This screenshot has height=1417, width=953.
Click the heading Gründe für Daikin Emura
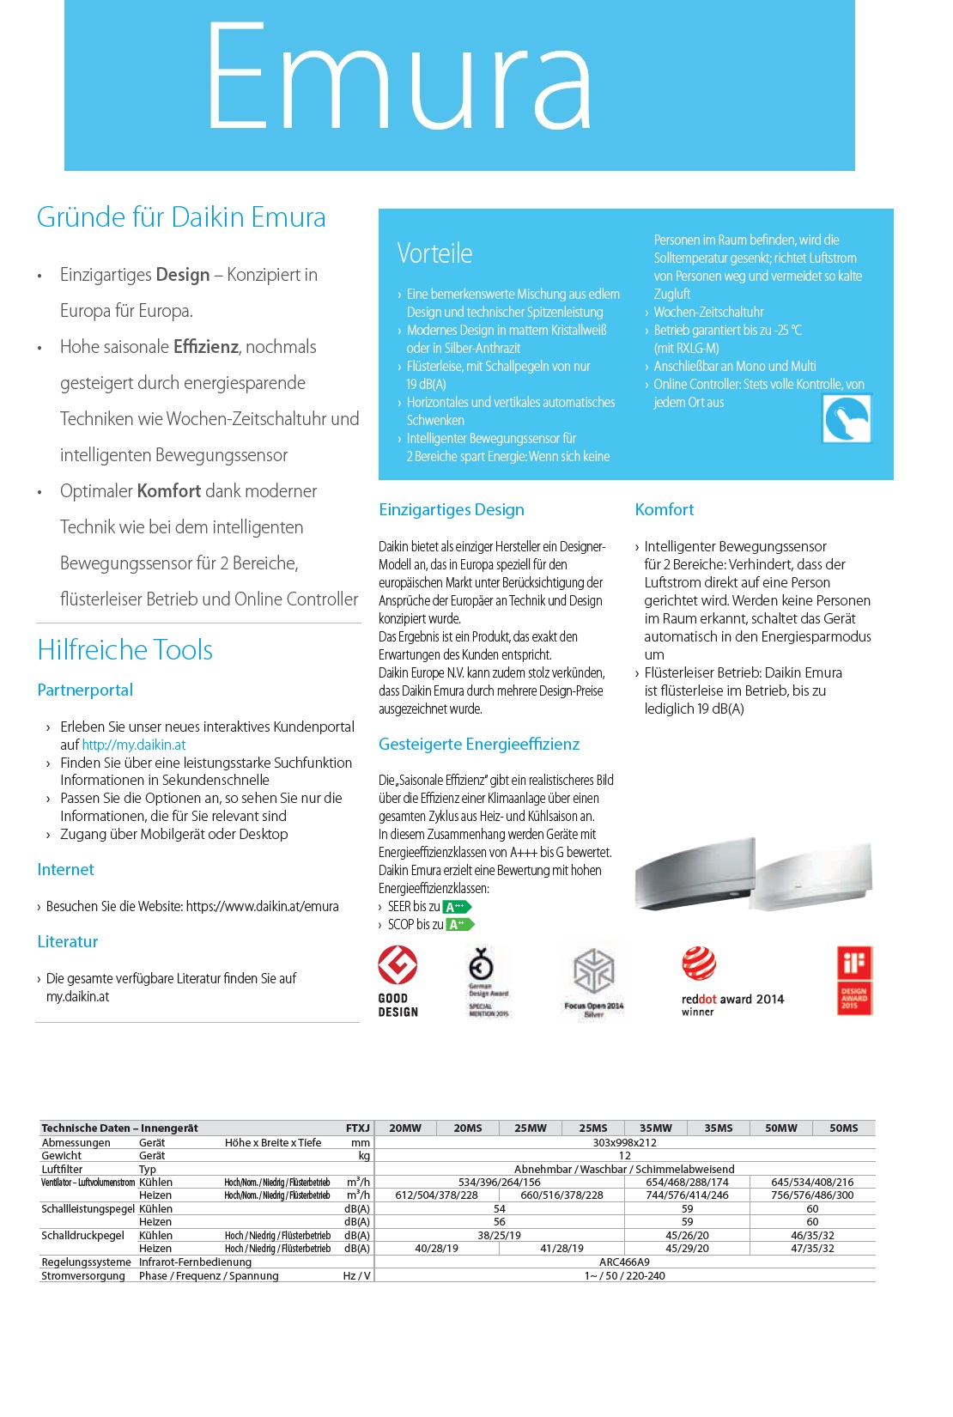coord(181,217)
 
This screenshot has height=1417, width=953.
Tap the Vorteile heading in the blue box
coord(434,253)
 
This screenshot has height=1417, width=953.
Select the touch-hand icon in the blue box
coord(847,419)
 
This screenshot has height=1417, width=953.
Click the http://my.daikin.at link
coord(134,745)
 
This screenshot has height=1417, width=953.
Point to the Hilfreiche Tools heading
coord(125,650)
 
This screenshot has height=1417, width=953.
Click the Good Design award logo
coord(398,981)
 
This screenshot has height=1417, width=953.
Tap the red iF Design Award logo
coord(854,981)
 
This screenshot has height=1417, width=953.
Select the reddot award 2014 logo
coord(731,981)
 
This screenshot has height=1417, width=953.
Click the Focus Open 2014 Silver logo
coord(593,982)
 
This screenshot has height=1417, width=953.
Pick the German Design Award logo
coord(487,981)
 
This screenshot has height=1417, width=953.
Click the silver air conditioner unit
coord(695,873)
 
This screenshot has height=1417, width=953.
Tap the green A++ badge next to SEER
coord(457,907)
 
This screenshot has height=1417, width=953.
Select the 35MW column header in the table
coord(655,1128)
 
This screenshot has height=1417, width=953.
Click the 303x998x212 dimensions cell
coord(624,1143)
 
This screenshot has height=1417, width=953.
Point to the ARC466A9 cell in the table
coord(624,1262)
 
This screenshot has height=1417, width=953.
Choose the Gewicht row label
coord(62,1156)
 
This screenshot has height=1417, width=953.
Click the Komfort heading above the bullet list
coord(665,510)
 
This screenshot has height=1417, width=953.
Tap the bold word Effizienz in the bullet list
coord(206,347)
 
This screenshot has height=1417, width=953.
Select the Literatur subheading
coord(68,942)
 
